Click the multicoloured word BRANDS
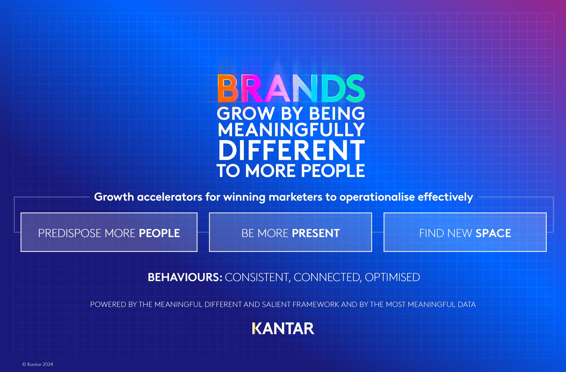click(291, 88)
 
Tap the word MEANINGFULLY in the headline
click(291, 130)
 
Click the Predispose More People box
click(109, 232)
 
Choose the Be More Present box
click(290, 232)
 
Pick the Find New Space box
click(465, 232)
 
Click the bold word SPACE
click(493, 233)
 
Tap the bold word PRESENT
click(316, 233)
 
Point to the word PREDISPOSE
click(70, 233)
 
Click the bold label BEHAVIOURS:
click(185, 277)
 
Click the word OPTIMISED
click(392, 277)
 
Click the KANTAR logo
click(283, 329)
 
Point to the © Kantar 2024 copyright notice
click(38, 364)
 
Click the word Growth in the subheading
click(114, 197)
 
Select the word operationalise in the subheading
click(377, 197)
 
